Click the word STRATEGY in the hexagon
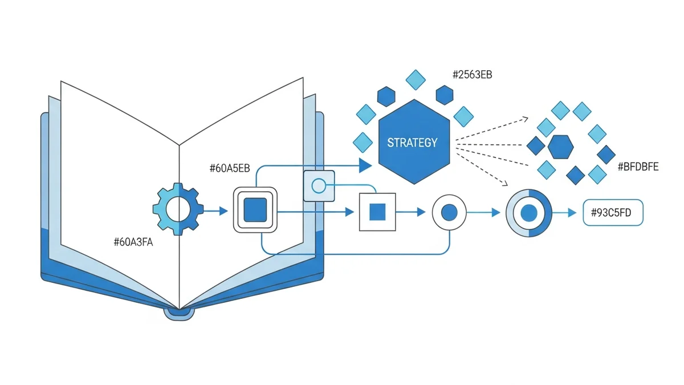tap(412, 142)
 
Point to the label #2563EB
tap(472, 74)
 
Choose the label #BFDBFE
tap(638, 167)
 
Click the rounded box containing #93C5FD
tap(613, 213)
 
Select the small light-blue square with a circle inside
tap(318, 185)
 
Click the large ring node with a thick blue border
tap(529, 213)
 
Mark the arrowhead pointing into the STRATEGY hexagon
tap(365, 166)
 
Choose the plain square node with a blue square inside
tap(377, 212)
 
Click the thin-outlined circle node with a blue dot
tap(450, 212)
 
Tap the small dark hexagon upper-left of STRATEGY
tap(386, 95)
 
